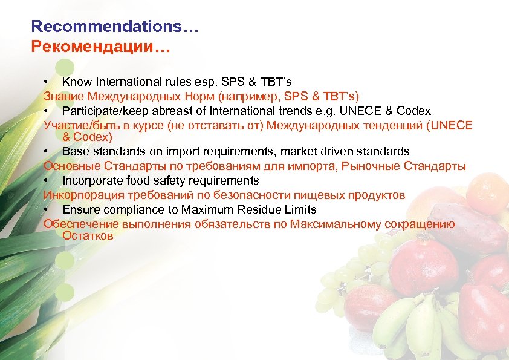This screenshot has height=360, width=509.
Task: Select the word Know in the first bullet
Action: (x=75, y=82)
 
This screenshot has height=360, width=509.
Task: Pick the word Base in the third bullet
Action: (x=74, y=151)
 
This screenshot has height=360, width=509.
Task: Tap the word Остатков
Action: (x=88, y=235)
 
